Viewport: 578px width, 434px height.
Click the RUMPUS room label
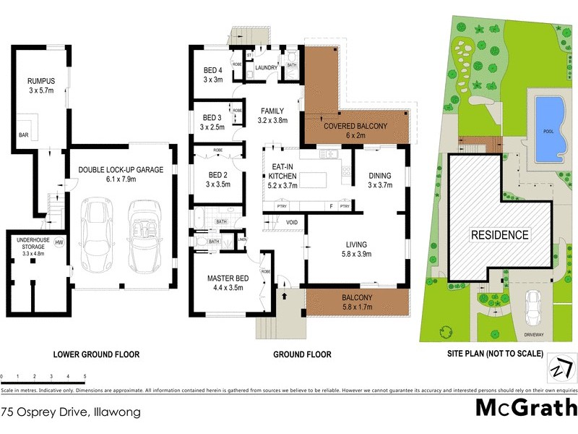[42, 81]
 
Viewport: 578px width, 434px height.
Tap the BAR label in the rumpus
[23, 135]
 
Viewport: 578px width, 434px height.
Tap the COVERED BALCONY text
[356, 126]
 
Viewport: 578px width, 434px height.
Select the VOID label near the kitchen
[292, 222]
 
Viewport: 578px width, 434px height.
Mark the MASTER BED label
[228, 278]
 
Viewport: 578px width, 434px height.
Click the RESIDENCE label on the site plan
[500, 235]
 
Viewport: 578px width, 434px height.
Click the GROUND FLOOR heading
[303, 354]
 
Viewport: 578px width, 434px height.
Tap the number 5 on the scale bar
[85, 377]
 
